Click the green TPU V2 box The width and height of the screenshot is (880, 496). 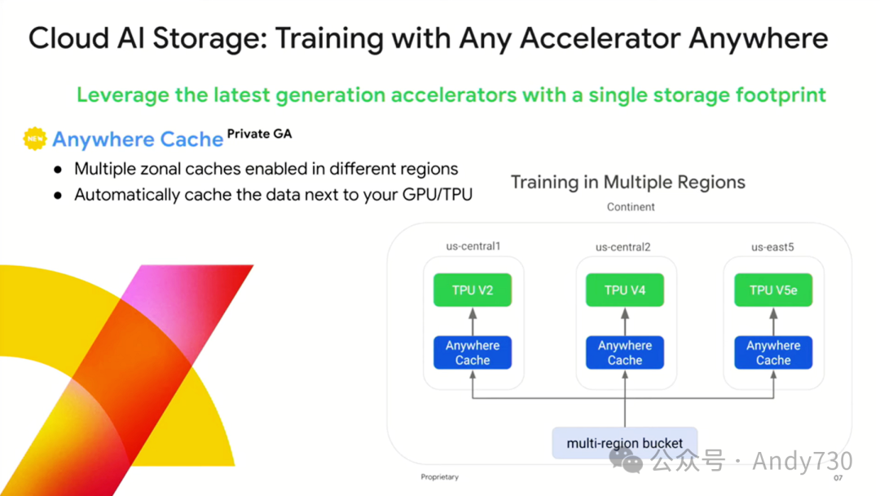click(473, 290)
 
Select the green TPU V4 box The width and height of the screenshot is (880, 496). click(625, 290)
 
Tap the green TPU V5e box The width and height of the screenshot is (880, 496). click(773, 290)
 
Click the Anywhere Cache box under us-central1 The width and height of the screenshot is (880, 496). click(473, 352)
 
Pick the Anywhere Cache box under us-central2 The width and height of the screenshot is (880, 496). click(625, 352)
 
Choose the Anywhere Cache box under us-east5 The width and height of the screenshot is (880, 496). click(773, 352)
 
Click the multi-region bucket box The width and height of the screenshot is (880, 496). click(625, 443)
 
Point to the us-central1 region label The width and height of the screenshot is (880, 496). click(473, 246)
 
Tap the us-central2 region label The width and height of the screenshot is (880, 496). click(623, 246)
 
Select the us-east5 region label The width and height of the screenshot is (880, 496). click(772, 246)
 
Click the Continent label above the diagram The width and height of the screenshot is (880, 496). click(631, 207)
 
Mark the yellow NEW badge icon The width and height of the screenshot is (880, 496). click(35, 139)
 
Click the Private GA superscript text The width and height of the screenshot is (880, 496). click(259, 133)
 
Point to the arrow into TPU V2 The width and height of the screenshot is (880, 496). click(473, 321)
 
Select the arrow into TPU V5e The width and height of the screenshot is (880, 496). click(773, 321)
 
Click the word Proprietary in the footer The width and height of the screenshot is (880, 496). click(439, 477)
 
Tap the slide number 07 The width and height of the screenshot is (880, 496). click(838, 478)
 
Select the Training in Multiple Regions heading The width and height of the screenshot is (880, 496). click(627, 182)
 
